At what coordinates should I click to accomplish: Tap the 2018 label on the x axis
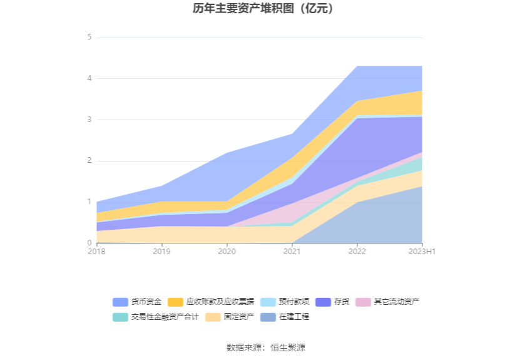[x=96, y=251]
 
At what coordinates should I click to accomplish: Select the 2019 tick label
[x=161, y=251]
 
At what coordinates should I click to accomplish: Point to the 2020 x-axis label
[x=227, y=251]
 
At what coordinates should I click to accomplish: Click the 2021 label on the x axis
[x=292, y=251]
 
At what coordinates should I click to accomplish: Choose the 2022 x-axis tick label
[x=357, y=251]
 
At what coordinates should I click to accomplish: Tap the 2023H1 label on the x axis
[x=422, y=251]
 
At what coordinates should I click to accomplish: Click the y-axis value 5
[x=90, y=37]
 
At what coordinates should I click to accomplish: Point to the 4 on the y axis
[x=90, y=78]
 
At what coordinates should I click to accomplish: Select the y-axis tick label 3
[x=90, y=120]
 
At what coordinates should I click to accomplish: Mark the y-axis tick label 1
[x=90, y=202]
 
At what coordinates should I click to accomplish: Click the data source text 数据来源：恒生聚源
[x=266, y=347]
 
